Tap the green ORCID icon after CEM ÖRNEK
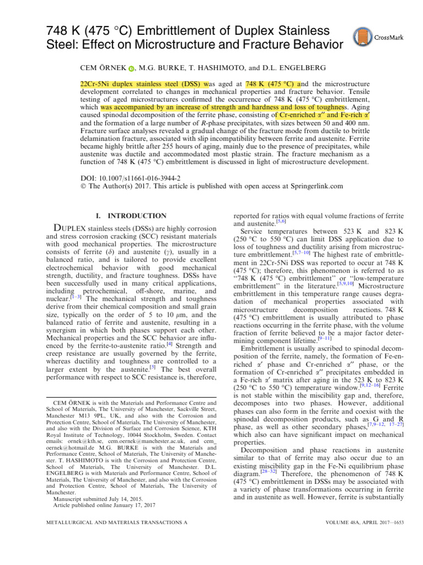(x=131, y=68)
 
